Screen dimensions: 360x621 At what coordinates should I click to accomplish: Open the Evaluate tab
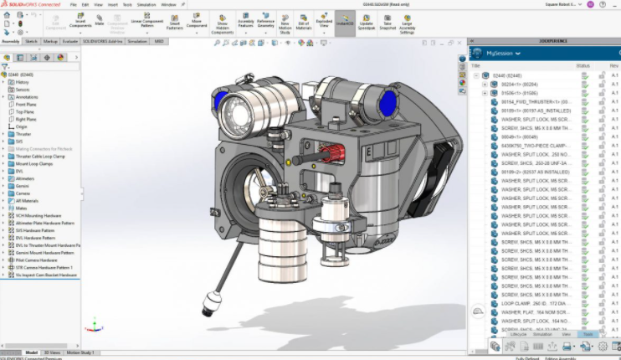point(70,40)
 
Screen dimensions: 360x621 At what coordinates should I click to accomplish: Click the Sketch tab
point(31,40)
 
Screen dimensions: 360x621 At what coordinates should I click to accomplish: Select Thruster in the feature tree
point(23,134)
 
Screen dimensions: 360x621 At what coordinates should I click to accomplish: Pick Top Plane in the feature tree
point(26,111)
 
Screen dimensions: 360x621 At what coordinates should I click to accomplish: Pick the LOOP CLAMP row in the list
point(531,302)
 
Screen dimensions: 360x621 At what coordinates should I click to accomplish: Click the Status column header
point(583,65)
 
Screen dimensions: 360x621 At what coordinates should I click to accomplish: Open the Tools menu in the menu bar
point(128,4)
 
